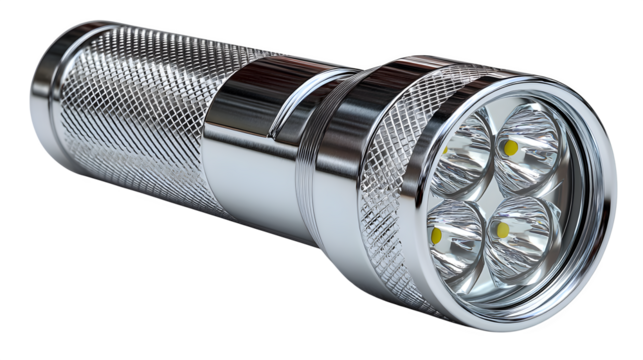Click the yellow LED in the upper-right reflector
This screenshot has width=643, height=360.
[x=511, y=148]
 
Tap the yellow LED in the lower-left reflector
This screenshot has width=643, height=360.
[x=439, y=237]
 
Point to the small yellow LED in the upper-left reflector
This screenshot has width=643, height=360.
[x=445, y=150]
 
